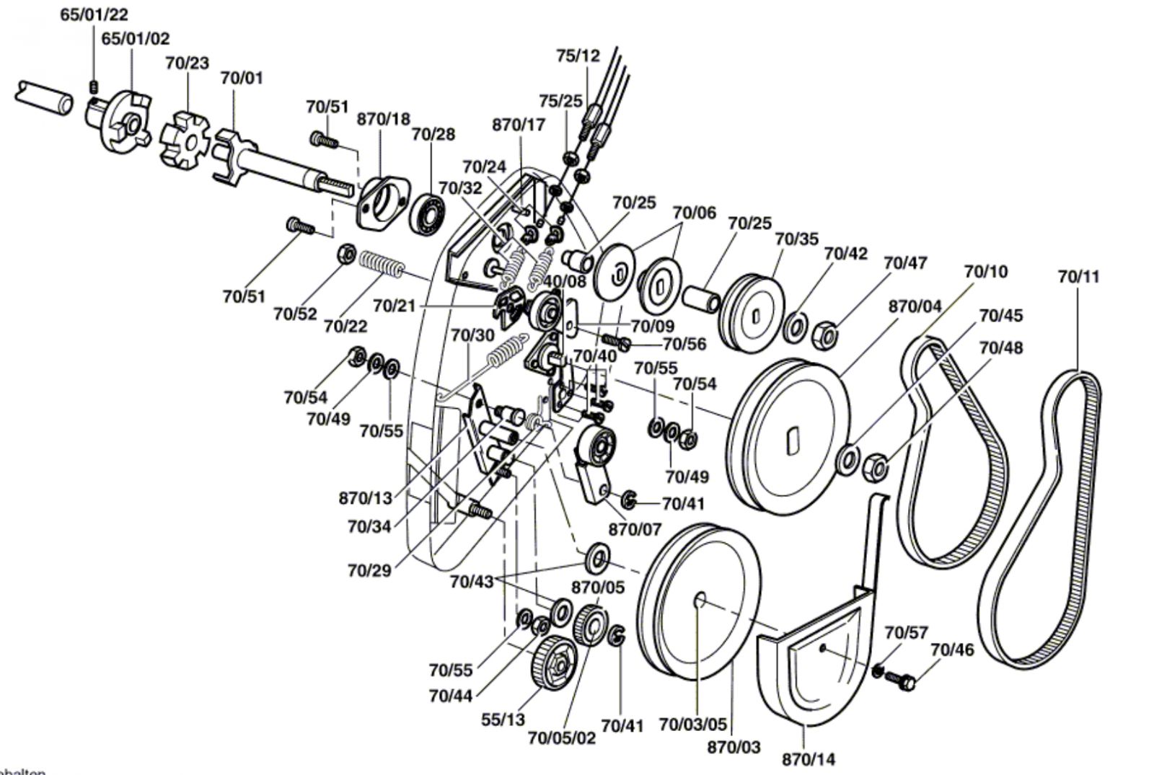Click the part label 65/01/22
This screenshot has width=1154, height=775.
(94, 14)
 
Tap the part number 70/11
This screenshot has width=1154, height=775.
(1079, 277)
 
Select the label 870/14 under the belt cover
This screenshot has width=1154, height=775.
(809, 759)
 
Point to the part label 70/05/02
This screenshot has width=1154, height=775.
(562, 738)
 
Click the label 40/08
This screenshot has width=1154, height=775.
(565, 281)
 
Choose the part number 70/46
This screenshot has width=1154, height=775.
(953, 650)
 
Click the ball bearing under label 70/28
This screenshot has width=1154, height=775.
(427, 215)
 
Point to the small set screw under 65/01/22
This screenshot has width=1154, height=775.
(94, 87)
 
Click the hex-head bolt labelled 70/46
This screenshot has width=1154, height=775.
(900, 680)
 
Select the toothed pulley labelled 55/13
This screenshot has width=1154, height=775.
(553, 663)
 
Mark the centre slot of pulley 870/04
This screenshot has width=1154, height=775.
(792, 443)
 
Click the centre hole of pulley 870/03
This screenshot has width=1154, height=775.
(700, 600)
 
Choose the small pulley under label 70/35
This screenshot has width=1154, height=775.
(751, 314)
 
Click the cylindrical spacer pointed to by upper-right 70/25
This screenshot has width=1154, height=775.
(701, 298)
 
